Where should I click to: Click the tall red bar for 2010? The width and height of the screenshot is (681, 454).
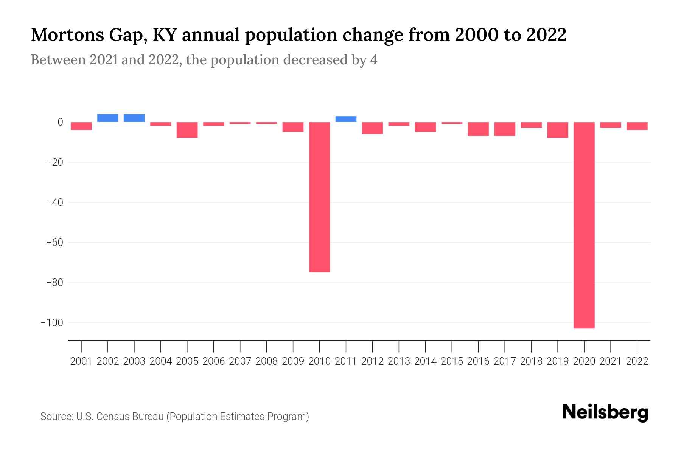(319, 197)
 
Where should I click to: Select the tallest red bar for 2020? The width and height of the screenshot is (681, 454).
(584, 225)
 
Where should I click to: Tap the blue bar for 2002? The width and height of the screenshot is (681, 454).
(108, 118)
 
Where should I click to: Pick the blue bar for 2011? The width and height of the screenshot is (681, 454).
(346, 119)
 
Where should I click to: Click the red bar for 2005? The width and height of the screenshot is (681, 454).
(187, 130)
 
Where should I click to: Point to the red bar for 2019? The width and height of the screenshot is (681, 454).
(557, 130)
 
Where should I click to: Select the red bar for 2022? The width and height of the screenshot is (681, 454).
(637, 126)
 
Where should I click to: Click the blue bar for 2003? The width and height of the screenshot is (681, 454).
(134, 118)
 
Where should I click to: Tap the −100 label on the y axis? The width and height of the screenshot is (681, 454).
(52, 323)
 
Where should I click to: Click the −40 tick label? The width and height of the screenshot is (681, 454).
(54, 202)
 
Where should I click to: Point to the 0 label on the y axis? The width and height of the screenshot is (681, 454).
(60, 122)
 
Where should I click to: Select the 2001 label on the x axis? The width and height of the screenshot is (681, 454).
(81, 361)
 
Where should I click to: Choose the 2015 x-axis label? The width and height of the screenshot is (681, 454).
(452, 361)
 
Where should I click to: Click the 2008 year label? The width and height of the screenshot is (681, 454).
(266, 361)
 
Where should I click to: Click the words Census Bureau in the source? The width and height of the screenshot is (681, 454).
(130, 417)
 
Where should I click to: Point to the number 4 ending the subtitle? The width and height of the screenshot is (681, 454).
(373, 60)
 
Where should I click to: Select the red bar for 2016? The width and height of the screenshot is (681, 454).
(478, 129)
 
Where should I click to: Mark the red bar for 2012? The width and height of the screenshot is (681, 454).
(372, 128)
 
